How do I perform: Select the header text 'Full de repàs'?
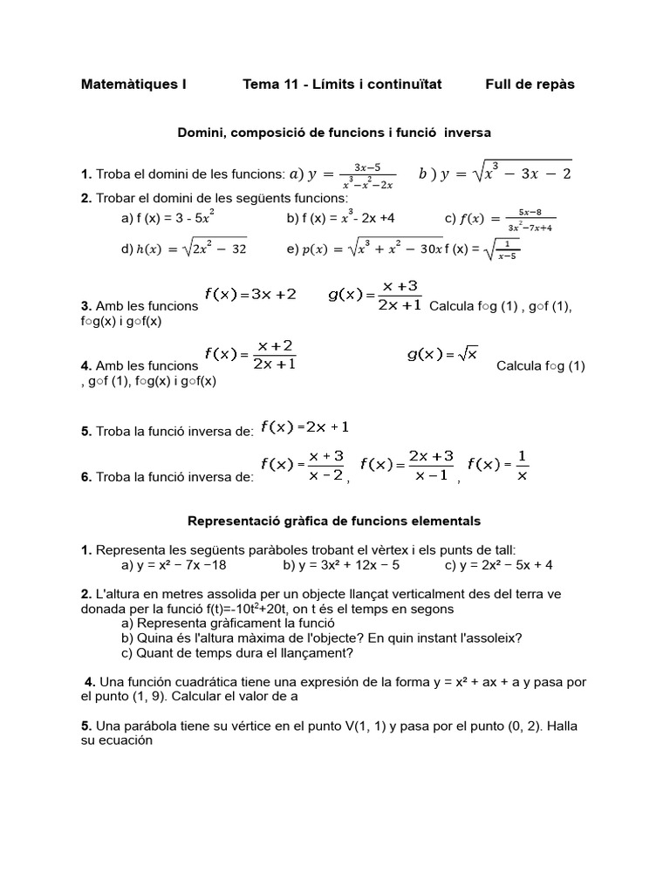tap(530, 85)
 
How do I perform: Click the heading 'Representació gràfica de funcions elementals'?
tap(335, 521)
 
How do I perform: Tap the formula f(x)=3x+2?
tap(250, 295)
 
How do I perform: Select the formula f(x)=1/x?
tap(498, 465)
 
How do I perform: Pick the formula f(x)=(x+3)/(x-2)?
tap(303, 466)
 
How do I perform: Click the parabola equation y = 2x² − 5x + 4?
tap(498, 565)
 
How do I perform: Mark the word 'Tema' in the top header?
tap(260, 85)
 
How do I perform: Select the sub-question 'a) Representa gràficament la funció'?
tap(228, 624)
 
